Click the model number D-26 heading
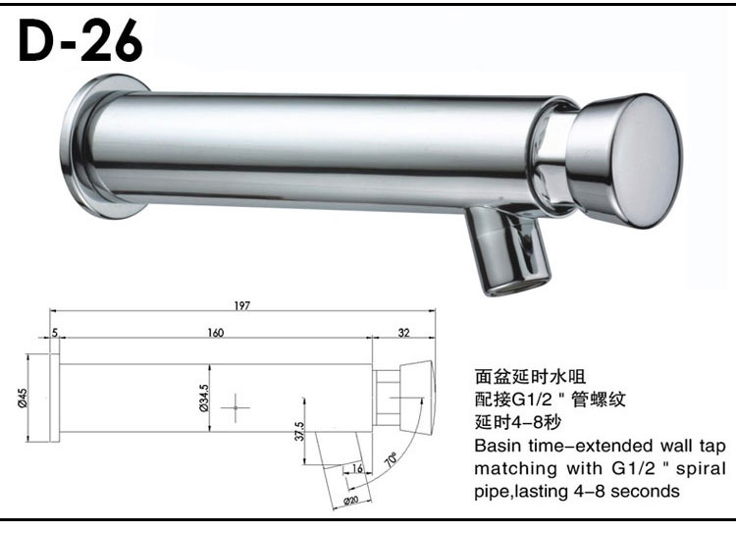[x=80, y=41]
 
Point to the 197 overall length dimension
[x=242, y=305]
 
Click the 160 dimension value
[x=216, y=333]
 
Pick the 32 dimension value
[x=403, y=333]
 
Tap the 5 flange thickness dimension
[x=55, y=333]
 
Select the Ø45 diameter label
[x=23, y=398]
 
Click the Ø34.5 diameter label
[x=204, y=398]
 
